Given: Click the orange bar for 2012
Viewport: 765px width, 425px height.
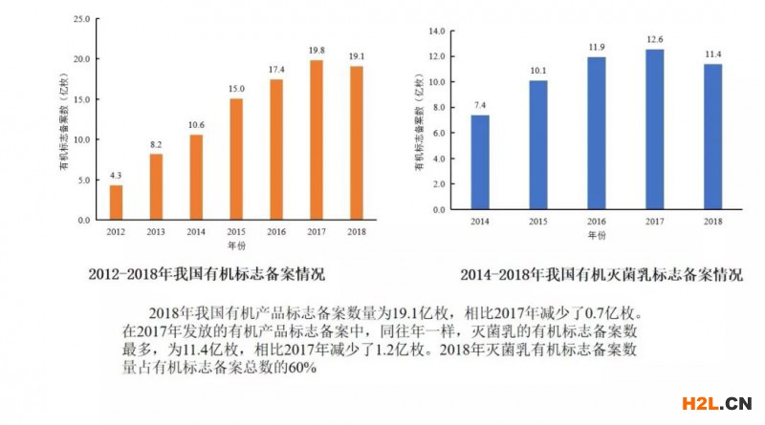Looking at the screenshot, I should coord(116,202).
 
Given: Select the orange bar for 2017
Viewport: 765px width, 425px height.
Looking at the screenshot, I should coord(317,140).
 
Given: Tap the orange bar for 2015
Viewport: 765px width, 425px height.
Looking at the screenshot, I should coord(236,159).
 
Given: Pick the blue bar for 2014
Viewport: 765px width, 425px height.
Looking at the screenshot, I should coord(481,162).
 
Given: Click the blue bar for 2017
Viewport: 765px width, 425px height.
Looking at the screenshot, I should coord(654,129).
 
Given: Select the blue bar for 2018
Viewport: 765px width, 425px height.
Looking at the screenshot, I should coord(712,137).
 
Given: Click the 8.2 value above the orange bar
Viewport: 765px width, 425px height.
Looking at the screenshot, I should coord(156,145).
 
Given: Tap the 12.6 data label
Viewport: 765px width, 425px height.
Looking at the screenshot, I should coord(654,39).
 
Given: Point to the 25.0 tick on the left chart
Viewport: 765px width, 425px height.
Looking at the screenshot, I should coord(82,18).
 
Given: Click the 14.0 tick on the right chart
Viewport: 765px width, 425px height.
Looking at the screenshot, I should coord(438,32).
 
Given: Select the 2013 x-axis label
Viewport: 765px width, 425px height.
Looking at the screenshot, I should coord(156,231).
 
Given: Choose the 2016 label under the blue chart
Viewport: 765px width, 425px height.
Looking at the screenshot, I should coord(597,221).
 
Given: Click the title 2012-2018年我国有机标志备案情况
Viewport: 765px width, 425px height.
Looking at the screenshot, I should coord(206,274).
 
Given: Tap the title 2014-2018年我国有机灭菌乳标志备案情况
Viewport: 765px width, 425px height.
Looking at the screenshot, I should coord(601,275).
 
